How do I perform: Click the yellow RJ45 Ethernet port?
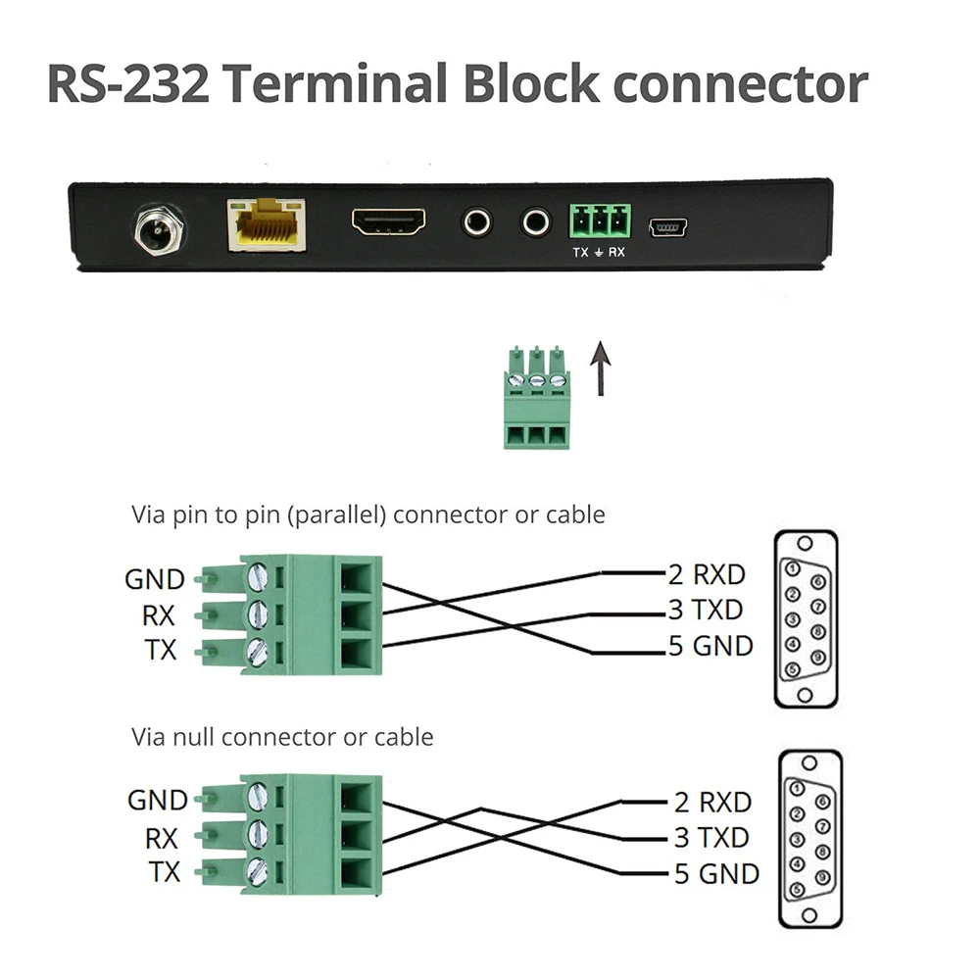point(267,225)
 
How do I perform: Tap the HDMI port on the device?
point(389,221)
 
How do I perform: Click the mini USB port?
point(668,227)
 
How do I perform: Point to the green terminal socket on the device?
point(600,220)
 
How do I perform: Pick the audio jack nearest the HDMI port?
point(477,221)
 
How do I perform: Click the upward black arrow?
point(601,368)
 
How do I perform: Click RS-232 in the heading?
point(127,83)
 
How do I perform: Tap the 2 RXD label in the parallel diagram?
point(707,574)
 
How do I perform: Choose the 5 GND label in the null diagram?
point(716,874)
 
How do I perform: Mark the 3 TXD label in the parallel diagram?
point(706,610)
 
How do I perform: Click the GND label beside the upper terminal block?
point(155,579)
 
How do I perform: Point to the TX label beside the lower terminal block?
point(165,872)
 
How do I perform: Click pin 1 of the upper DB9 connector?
point(793,568)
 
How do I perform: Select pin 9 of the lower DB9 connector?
point(822,877)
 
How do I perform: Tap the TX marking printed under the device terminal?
point(580,252)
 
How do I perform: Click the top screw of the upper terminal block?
point(258,575)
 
